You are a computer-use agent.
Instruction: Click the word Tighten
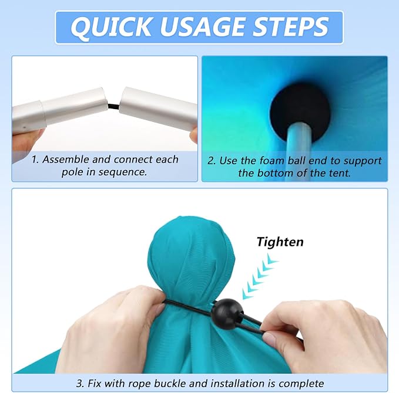[x=280, y=242]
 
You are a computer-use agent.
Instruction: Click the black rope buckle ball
[x=227, y=314]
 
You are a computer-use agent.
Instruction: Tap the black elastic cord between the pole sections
[x=113, y=106]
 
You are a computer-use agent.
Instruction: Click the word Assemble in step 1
[x=66, y=160]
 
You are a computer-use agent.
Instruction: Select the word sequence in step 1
[x=122, y=172]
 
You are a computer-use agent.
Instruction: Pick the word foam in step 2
[x=271, y=161]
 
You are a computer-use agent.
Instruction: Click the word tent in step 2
[x=340, y=173]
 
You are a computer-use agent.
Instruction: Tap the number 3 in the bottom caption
[x=80, y=384]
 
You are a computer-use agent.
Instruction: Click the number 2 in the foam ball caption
[x=211, y=161]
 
